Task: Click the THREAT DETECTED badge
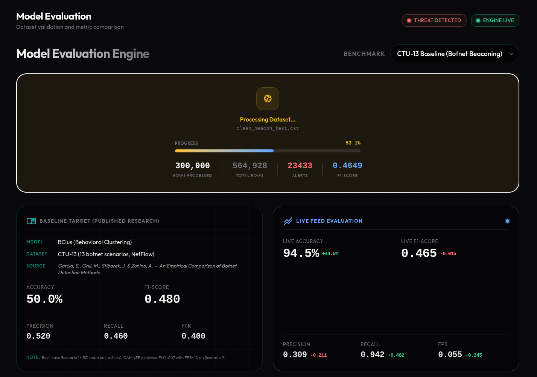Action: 434,20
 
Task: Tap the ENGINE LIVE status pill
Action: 495,20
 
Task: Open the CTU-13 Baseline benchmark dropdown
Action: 455,54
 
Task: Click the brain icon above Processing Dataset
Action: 268,99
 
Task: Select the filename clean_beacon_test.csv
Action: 268,128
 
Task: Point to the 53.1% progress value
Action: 353,143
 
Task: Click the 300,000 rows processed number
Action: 192,166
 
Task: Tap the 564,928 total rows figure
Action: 249,166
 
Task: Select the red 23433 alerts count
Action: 300,166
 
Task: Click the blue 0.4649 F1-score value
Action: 347,166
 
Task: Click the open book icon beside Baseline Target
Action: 31,221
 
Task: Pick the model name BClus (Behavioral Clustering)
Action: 95,242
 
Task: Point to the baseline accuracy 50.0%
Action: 44,299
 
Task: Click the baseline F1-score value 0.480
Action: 162,299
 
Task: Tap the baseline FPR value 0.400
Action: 193,336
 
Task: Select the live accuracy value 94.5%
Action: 301,253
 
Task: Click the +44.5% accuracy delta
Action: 330,254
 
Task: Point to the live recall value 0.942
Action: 372,354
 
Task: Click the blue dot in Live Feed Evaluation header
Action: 507,221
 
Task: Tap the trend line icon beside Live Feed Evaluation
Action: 288,221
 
